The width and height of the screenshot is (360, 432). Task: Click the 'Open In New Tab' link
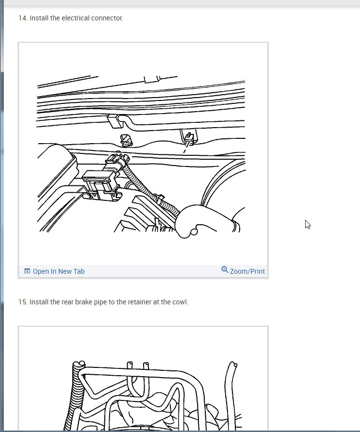click(x=59, y=271)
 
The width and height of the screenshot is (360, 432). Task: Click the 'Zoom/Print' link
click(x=247, y=271)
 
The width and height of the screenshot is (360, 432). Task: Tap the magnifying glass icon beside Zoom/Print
click(x=225, y=269)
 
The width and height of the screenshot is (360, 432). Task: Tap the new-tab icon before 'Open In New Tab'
click(x=27, y=271)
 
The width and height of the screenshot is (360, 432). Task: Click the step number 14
click(x=23, y=18)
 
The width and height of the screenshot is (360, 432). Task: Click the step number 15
click(x=23, y=302)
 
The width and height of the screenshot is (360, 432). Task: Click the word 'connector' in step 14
click(x=107, y=18)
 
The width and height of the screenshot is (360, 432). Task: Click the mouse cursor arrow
click(x=308, y=225)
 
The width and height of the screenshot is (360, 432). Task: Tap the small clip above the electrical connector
click(x=127, y=140)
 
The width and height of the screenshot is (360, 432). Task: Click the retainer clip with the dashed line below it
click(x=189, y=138)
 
